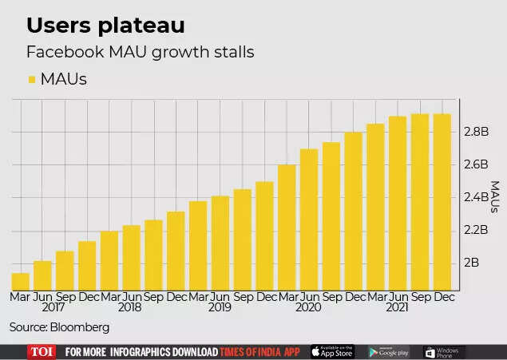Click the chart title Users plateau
coord(105,26)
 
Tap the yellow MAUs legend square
coord(32,80)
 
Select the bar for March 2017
coord(21,281)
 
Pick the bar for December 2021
coord(442,202)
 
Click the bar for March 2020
coord(287,227)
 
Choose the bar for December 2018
coord(176,251)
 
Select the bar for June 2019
coord(220,243)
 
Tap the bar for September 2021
coord(419,202)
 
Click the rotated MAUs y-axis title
coord(495,197)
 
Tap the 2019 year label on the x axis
coord(220,307)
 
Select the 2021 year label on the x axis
coord(397,307)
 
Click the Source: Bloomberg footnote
coord(59,327)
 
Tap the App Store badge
coord(333,352)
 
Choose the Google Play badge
coord(389,352)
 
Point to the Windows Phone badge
coord(445,352)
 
